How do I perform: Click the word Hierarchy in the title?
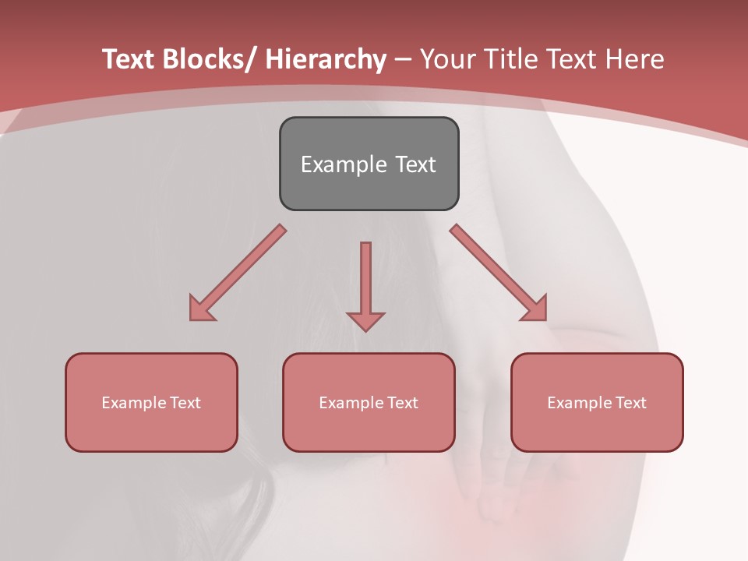[326, 60]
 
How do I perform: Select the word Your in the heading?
[446, 59]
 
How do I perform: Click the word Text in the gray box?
[414, 164]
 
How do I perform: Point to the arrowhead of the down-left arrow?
[200, 309]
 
